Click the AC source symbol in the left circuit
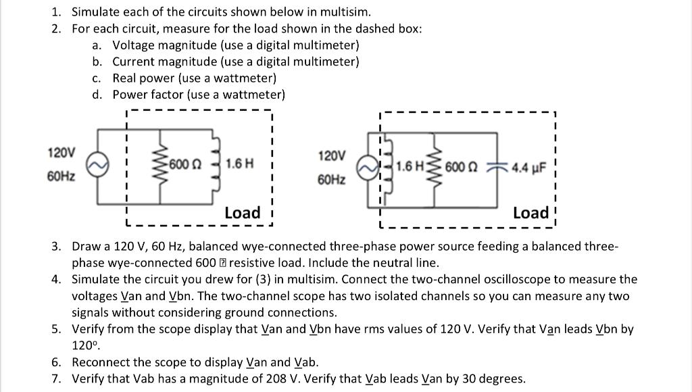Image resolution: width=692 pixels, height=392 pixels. click(x=99, y=164)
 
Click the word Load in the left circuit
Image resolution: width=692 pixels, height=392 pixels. click(x=242, y=213)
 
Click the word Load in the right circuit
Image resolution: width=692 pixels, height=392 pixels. click(x=530, y=213)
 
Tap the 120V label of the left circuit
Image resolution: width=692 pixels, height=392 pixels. click(x=61, y=152)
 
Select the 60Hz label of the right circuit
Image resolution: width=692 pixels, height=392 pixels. click(x=331, y=180)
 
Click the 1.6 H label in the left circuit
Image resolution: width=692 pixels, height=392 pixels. click(x=240, y=164)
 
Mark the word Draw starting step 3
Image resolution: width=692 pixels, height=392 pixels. click(x=86, y=246)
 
